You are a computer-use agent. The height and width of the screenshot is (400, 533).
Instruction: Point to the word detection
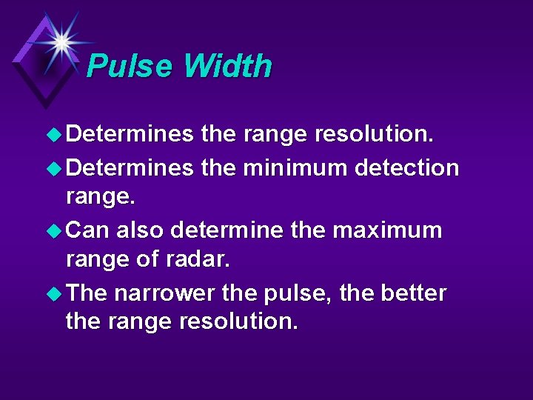coord(406,168)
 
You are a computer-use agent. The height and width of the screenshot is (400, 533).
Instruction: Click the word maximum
coord(387,230)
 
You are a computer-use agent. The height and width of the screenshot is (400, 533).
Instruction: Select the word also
coord(140,230)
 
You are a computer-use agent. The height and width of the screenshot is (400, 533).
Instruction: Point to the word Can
coord(87,230)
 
